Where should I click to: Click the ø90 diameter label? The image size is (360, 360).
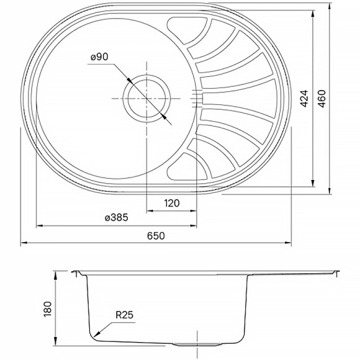tap(99, 56)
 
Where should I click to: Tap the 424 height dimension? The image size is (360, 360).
tap(304, 99)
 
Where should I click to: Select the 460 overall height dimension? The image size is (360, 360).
tap(321, 99)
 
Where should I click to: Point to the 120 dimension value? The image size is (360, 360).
tap(172, 203)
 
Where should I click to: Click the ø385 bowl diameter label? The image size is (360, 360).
tap(116, 218)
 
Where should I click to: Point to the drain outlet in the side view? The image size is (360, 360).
tap(186, 343)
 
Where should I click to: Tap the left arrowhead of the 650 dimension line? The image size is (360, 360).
tap(24, 243)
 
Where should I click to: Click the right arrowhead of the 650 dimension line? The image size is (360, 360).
tap(291, 243)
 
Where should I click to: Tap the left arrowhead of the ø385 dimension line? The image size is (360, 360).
tap(38, 225)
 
